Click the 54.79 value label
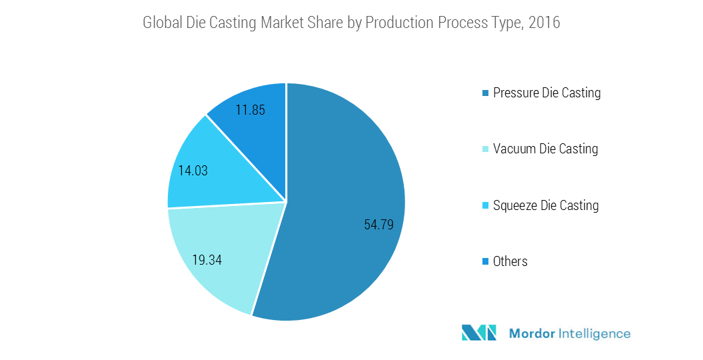[378, 225]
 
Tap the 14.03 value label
[193, 171]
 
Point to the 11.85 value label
[250, 110]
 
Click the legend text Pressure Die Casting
[546, 93]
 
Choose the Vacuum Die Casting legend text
[545, 149]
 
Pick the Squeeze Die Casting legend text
[546, 205]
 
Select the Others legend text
[510, 261]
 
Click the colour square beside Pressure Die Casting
[486, 93]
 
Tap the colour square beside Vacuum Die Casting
[486, 149]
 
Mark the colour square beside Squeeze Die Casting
[486, 206]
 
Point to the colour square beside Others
[486, 262]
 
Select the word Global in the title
[163, 23]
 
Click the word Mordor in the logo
[532, 333]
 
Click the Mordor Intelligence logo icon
[479, 333]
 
